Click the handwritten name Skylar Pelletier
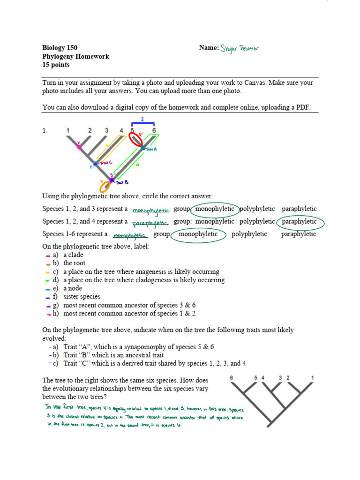tap(240, 48)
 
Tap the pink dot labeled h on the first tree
tap(79, 147)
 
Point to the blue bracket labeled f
tap(143, 124)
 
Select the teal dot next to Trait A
tap(143, 148)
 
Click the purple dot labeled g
tap(112, 180)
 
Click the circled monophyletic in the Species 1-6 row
tap(199, 234)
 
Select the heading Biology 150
tap(60, 48)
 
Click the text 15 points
tap(56, 65)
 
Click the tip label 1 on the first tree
tap(68, 130)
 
